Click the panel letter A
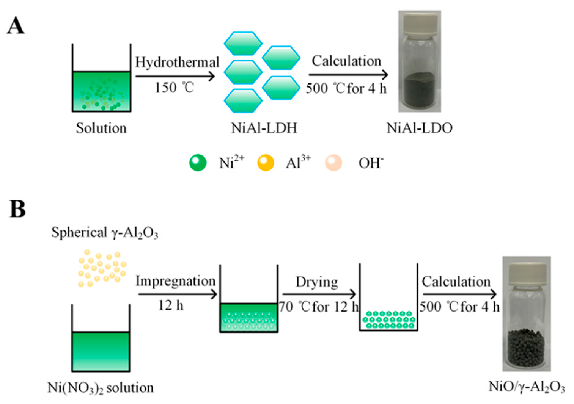click(x=16, y=26)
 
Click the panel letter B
click(x=17, y=209)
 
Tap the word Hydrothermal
click(x=177, y=63)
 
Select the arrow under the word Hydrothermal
click(x=175, y=76)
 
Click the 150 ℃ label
click(x=174, y=88)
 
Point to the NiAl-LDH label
click(x=264, y=128)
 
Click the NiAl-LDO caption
click(x=419, y=128)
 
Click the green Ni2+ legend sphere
click(x=198, y=163)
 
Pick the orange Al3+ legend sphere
click(x=266, y=163)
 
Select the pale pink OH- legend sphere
click(x=333, y=163)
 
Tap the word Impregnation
click(x=175, y=281)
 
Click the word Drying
click(x=317, y=282)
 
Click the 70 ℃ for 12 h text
click(x=319, y=307)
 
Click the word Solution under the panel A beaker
click(x=101, y=128)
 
